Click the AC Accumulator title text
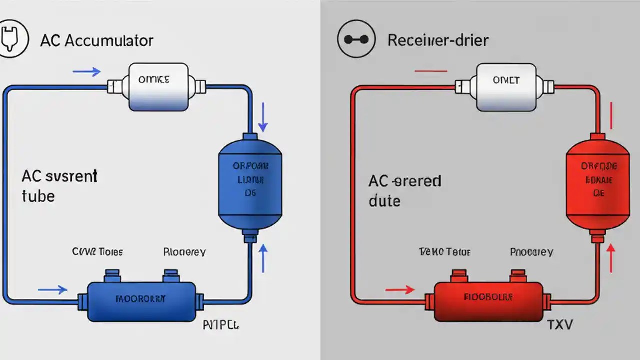click(97, 41)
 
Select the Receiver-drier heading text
click(438, 41)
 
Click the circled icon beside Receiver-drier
click(356, 40)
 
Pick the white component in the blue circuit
click(158, 86)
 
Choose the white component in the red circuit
click(506, 86)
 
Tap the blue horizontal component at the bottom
click(141, 301)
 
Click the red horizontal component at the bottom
click(488, 301)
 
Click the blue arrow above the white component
click(87, 72)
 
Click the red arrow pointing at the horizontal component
click(400, 289)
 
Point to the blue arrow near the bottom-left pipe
click(53, 289)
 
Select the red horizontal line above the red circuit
click(431, 71)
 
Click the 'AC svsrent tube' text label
click(59, 185)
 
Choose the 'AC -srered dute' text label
click(405, 190)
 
